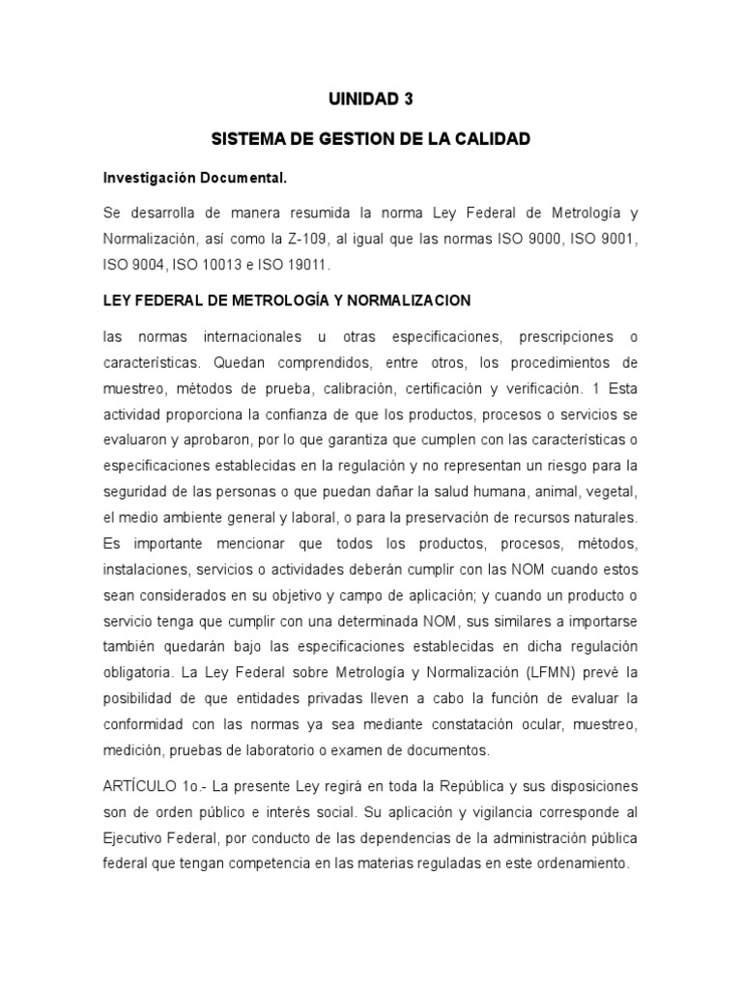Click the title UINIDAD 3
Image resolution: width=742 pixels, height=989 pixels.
[x=371, y=99]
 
